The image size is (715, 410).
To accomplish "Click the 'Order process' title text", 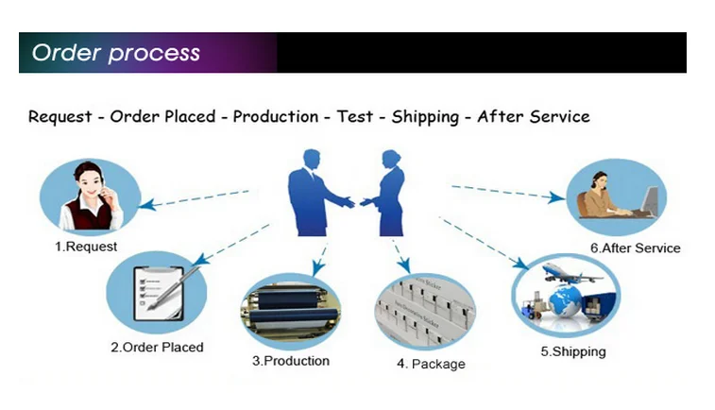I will coord(116,52).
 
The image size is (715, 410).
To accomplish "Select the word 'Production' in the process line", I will coord(275,116).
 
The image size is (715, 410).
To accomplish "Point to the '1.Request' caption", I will coord(85,247).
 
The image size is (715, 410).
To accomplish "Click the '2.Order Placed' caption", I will coord(157,347).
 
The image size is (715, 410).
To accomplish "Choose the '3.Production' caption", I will coord(291,361).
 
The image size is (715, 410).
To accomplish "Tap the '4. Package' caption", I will coord(431,364).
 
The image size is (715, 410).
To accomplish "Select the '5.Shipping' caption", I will coord(573,351).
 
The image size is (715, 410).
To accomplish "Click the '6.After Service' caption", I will coord(636,248).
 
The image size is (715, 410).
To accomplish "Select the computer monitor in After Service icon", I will coord(652,197).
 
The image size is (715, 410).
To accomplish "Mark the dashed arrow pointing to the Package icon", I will coord(400,253).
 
